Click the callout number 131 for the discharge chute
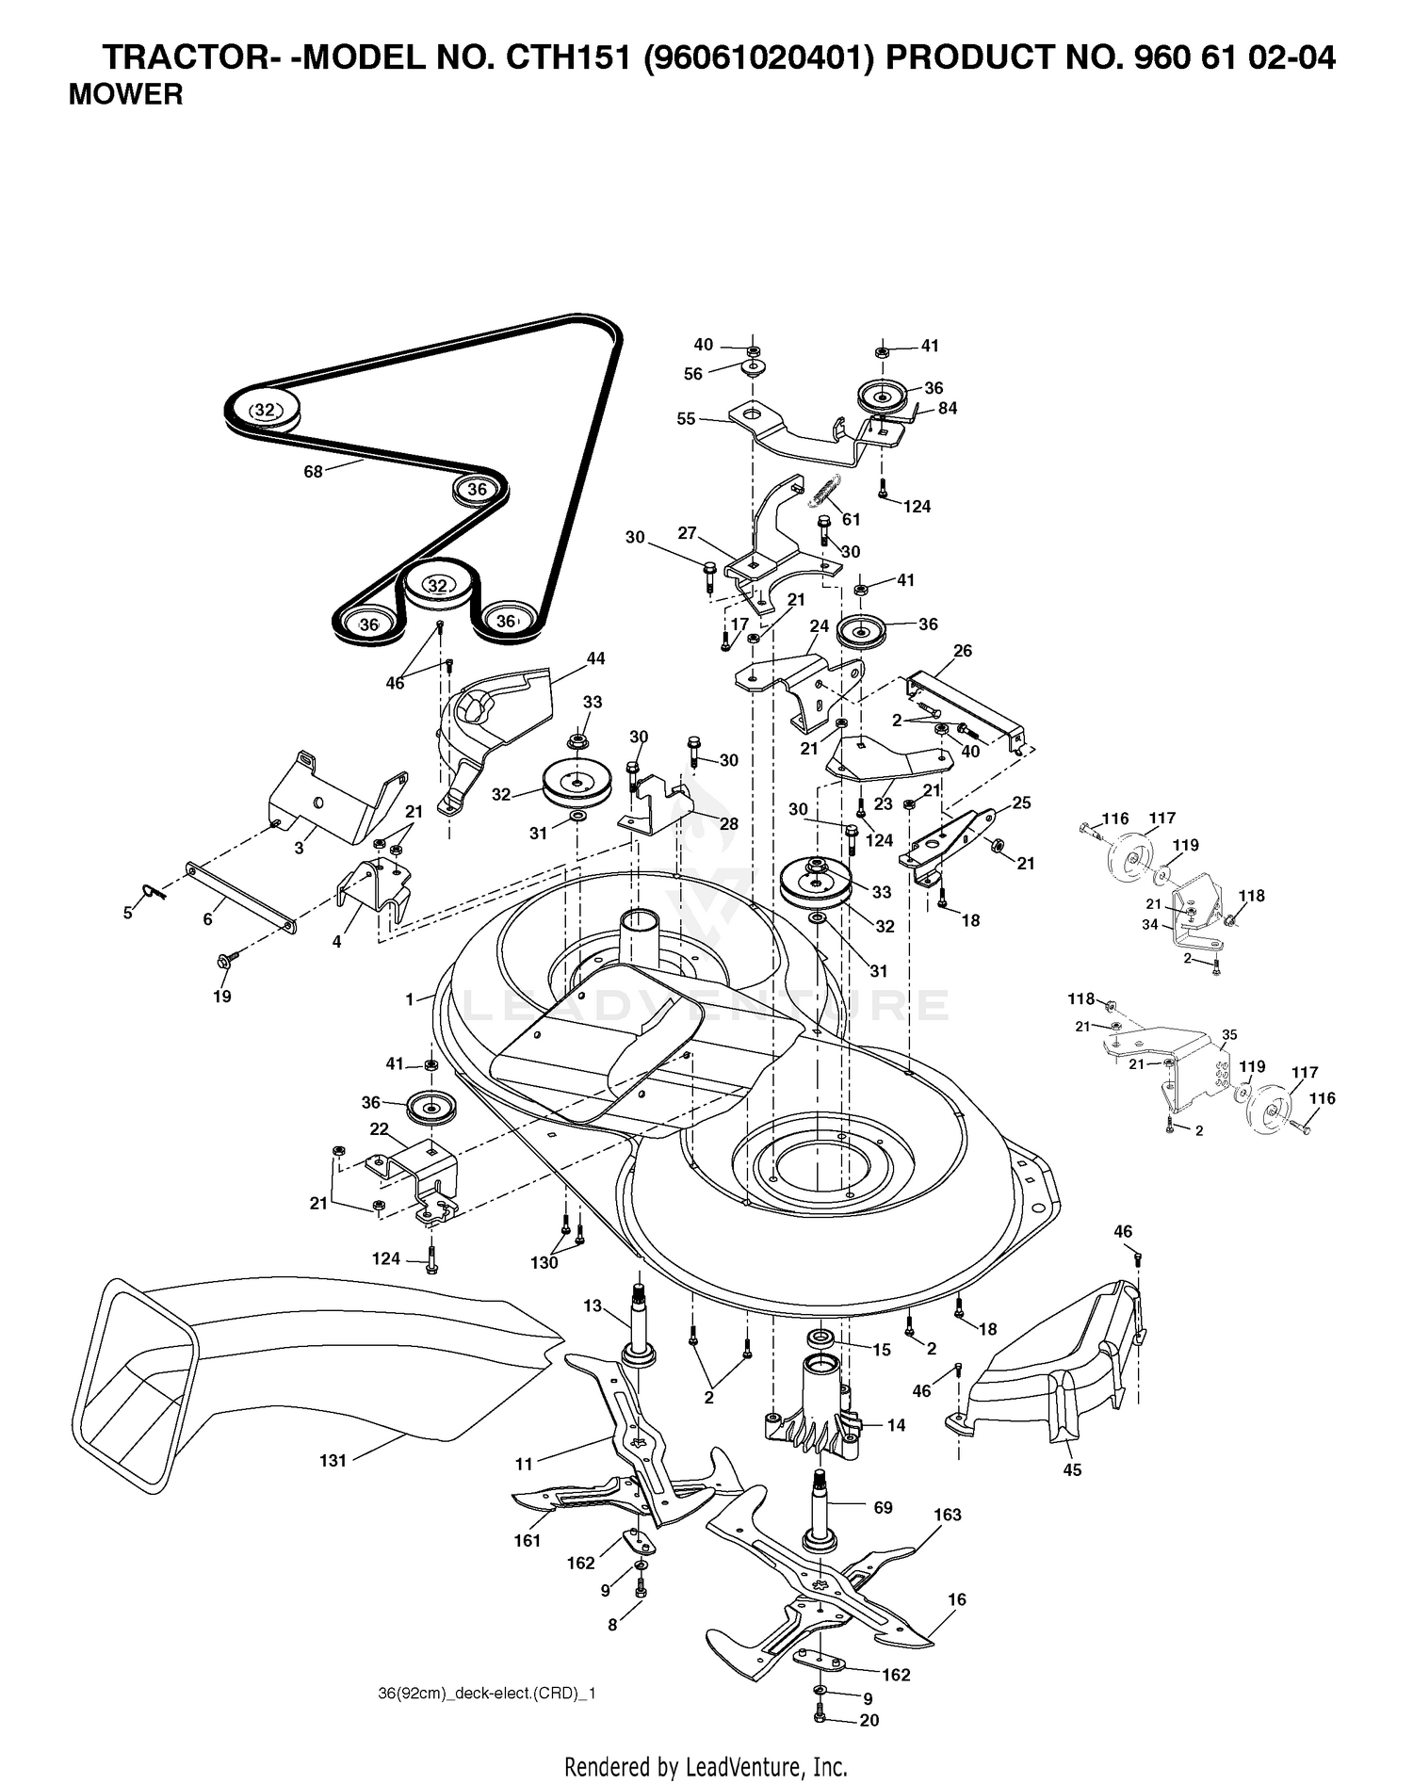pos(333,1461)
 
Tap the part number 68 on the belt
pos(313,471)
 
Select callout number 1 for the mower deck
pos(410,999)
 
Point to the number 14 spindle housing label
pos(896,1425)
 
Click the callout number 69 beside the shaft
pos(883,1508)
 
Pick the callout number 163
pos(948,1515)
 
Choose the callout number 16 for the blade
pos(957,1599)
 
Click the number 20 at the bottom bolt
pos(869,1720)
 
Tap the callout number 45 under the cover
pos(1071,1469)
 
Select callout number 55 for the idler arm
pos(686,418)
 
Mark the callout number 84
pos(947,408)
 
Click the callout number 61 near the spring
pos(852,520)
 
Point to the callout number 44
pos(595,658)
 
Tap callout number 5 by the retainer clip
pos(128,913)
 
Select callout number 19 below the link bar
pos(221,997)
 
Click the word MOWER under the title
pos(125,94)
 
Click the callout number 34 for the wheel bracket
pos(1150,925)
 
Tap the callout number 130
pos(544,1263)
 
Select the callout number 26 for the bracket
pos(963,650)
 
